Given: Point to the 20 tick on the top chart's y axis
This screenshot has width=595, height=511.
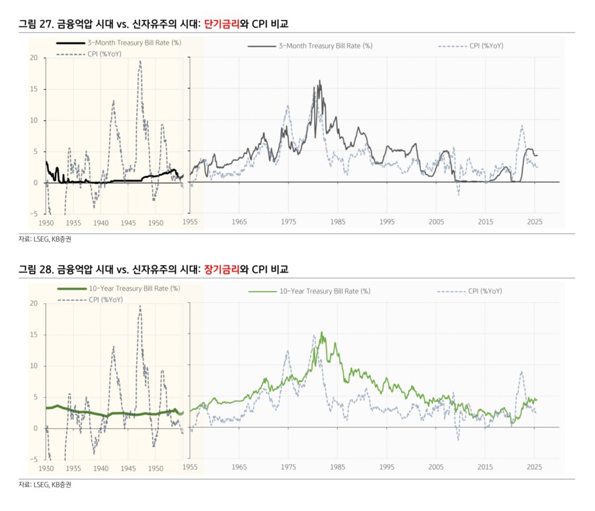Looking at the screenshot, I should pyautogui.click(x=33, y=58).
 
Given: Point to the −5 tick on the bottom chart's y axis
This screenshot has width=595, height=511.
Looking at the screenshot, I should pyautogui.click(x=33, y=459).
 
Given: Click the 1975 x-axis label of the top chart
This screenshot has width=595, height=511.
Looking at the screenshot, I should pyautogui.click(x=288, y=222).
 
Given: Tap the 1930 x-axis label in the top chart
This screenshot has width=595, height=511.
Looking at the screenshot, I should pyautogui.click(x=46, y=223).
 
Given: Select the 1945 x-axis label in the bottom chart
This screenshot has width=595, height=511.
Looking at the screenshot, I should pyautogui.click(x=128, y=468).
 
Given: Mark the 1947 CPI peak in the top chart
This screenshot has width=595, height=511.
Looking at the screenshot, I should pyautogui.click(x=139, y=61).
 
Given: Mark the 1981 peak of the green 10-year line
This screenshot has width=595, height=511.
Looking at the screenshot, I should pyautogui.click(x=322, y=332).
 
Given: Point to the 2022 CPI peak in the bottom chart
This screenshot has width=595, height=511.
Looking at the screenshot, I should pyautogui.click(x=522, y=372).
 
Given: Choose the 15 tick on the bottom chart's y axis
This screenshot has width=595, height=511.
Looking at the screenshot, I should pyautogui.click(x=33, y=334).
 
